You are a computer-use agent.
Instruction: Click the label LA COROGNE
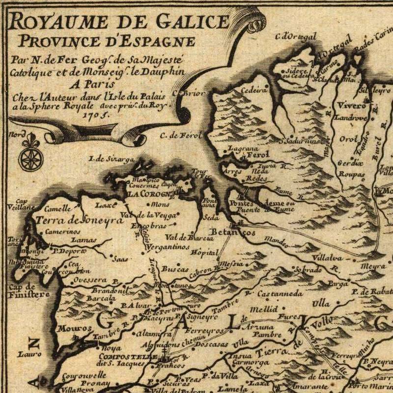(148, 194)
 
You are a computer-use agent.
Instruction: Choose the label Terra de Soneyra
(79, 220)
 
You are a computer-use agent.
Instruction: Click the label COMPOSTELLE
(127, 356)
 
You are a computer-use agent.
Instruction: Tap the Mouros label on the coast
(74, 328)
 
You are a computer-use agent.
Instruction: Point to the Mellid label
(264, 309)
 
